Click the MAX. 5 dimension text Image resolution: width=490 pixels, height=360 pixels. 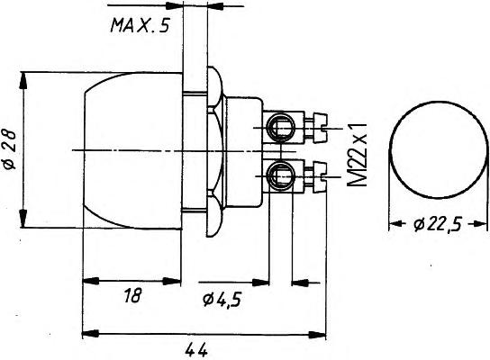point(140,25)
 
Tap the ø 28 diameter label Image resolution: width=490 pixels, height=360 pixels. point(10,149)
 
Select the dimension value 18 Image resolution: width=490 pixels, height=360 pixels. point(132,295)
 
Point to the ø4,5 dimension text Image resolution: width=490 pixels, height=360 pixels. point(222,300)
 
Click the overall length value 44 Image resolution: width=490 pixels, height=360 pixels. point(196,351)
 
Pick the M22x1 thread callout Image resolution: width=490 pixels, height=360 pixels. point(357,155)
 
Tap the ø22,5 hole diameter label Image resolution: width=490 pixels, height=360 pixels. point(438,224)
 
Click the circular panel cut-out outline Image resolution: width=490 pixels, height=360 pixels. point(438,101)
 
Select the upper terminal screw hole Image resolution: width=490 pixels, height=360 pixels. point(280,127)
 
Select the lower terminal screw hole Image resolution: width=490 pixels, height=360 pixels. point(280,175)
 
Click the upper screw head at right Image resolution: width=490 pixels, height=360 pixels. point(320,129)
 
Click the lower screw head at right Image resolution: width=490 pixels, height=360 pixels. point(320,176)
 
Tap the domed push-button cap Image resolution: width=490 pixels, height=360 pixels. point(132,151)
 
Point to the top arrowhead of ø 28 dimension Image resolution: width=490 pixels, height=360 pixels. point(23,82)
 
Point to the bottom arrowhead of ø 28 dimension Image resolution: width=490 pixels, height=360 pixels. point(23,218)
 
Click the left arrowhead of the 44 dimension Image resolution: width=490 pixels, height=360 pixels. point(91,333)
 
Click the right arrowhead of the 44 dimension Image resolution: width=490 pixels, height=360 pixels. point(317,335)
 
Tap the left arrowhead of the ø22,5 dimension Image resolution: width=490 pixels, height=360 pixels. point(395,223)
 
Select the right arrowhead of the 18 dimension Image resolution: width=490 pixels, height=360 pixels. point(172,282)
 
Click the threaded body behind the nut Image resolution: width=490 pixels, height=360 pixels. point(244,152)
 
